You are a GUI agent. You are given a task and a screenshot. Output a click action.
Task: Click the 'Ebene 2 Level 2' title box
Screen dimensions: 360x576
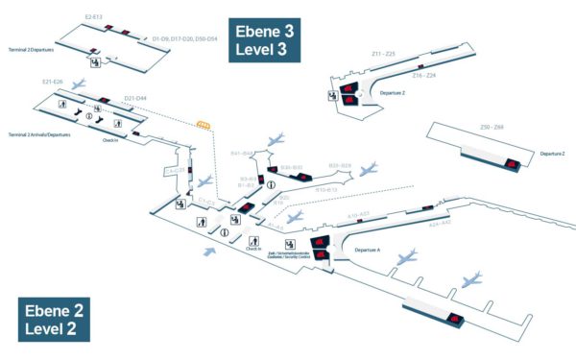point(54,319)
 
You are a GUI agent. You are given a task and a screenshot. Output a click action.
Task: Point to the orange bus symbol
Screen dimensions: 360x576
point(204,124)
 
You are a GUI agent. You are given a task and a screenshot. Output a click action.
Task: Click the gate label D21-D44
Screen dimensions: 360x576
point(135,98)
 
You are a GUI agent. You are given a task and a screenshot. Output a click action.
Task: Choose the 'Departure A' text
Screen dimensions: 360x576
point(367,249)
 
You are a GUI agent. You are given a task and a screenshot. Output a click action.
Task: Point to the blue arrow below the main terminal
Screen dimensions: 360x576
point(208,252)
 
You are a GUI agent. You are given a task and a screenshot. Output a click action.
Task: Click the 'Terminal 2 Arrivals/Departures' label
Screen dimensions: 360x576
point(40,134)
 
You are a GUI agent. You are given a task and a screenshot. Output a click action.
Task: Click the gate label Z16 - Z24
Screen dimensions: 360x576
point(423,75)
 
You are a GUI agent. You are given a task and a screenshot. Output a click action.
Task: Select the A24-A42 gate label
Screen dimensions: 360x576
point(440,223)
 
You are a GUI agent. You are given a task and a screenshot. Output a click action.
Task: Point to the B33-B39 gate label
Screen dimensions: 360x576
point(340,165)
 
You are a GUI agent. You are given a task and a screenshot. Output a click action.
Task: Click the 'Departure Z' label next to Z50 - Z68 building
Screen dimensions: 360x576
point(551,154)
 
